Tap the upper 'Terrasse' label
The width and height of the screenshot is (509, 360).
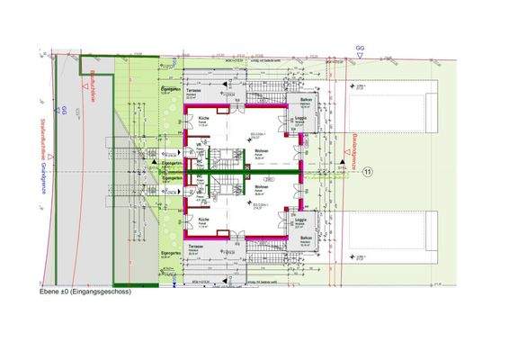tap(193, 91)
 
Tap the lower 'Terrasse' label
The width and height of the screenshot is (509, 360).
tap(193, 245)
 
